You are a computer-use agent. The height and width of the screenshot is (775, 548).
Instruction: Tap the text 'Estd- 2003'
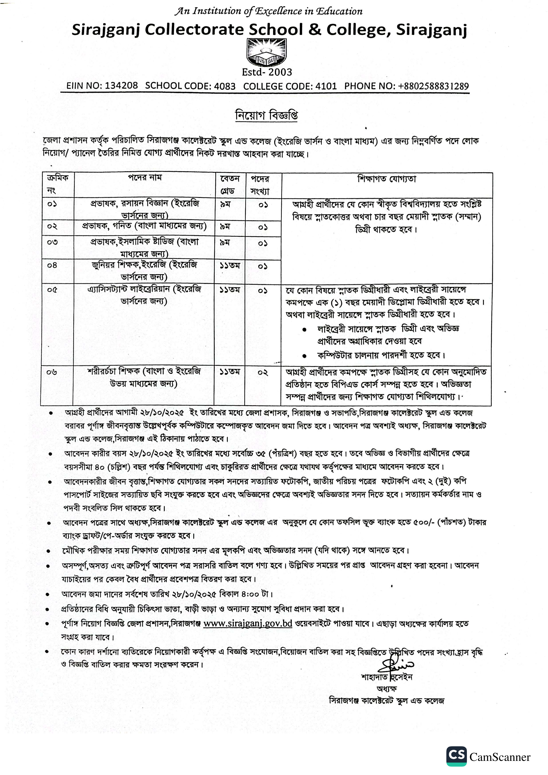[x=267, y=72]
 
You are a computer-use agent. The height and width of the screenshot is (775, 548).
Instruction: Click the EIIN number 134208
[x=121, y=86]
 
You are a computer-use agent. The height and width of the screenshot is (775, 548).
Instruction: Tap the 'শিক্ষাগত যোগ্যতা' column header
[x=387, y=179]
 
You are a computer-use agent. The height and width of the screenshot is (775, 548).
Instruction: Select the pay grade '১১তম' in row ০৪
[x=230, y=266]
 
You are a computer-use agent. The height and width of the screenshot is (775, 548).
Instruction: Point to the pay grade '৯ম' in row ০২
[x=225, y=226]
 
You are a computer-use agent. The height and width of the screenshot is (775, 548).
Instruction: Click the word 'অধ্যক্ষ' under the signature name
[x=387, y=689]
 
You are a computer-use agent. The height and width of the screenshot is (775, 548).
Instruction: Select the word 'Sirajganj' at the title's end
[x=432, y=30]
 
